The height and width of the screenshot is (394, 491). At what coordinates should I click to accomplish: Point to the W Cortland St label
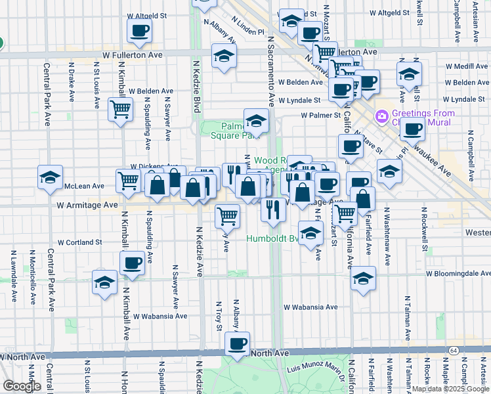click(80, 242)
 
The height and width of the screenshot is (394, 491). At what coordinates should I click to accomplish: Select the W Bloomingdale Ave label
click(458, 273)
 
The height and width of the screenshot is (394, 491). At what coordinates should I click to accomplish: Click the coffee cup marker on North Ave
click(237, 343)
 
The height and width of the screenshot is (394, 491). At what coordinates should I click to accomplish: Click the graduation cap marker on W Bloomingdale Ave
click(363, 278)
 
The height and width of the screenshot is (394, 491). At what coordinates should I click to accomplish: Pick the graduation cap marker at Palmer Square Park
click(256, 120)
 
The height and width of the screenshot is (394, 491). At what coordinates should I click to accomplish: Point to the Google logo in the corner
click(22, 386)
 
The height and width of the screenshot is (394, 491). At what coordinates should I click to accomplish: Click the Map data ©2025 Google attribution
click(450, 389)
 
